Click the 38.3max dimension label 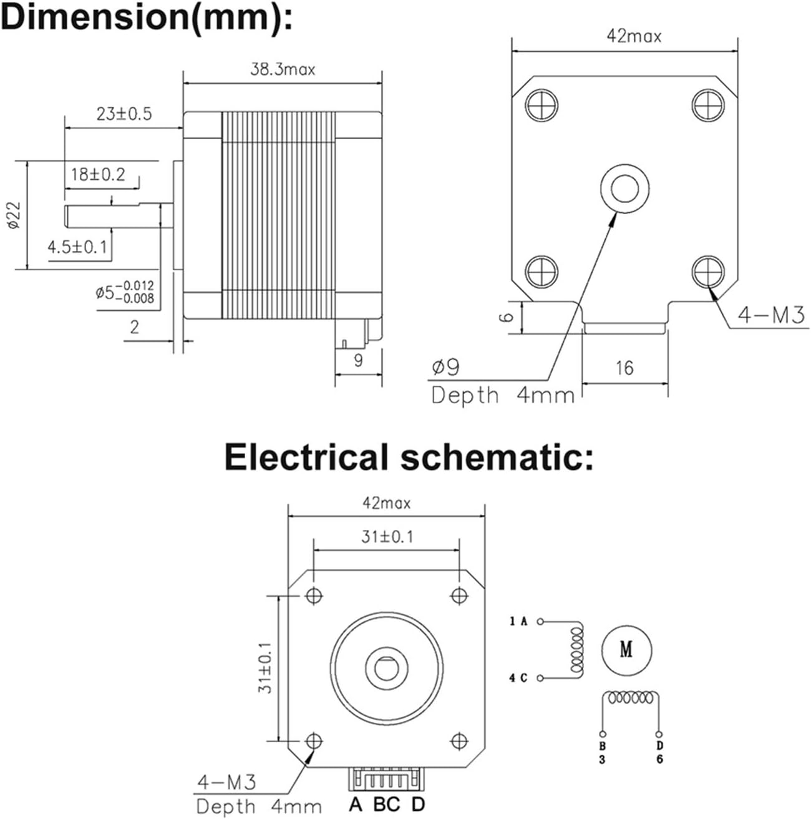tap(283, 69)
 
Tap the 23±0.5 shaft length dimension tap(124, 114)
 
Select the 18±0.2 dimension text tap(98, 174)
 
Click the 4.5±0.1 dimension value tap(77, 247)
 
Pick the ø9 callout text tap(445, 367)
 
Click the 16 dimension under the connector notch tap(624, 368)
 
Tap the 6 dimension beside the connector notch tap(508, 317)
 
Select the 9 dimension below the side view tap(358, 360)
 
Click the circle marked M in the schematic tap(626, 650)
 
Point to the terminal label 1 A tap(518, 621)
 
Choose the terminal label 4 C tap(518, 678)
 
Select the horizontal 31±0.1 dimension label tap(387, 536)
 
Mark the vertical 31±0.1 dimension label tap(266, 668)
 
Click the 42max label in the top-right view tap(634, 36)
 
